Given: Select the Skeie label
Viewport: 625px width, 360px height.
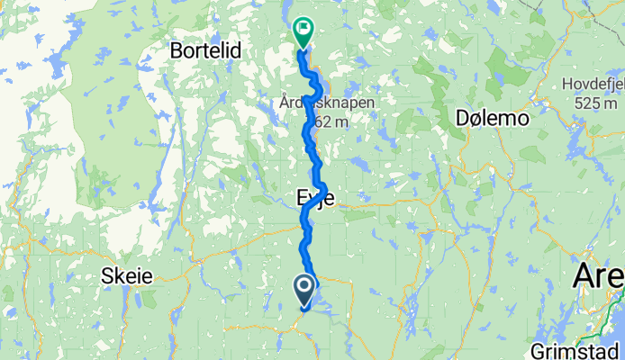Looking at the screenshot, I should coord(127,275).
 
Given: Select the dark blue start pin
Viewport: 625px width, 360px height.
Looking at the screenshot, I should coord(303,290).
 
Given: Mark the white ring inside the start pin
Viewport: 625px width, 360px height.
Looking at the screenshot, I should coord(303,287).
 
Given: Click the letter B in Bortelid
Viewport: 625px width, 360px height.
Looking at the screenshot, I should coord(177,52).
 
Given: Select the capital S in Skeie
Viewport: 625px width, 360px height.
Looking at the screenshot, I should coord(109,275).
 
